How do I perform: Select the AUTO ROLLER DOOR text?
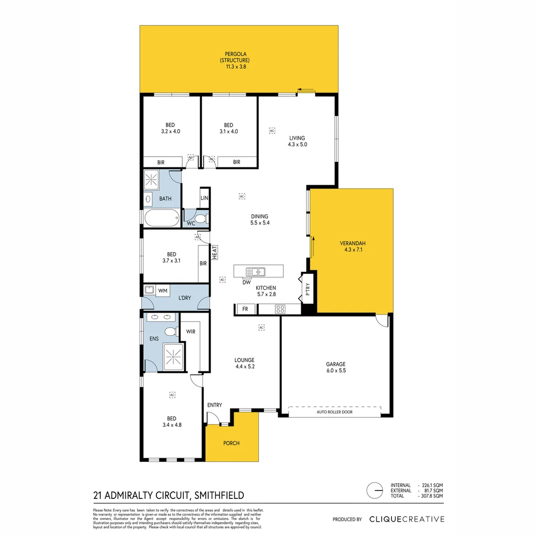[334, 412]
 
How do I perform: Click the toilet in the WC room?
[201, 219]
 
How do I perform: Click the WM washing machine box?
[163, 290]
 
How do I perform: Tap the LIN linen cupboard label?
[205, 198]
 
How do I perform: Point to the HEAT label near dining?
[215, 253]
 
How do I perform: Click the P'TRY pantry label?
[308, 289]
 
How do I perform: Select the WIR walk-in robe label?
[190, 331]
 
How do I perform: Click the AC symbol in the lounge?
[261, 327]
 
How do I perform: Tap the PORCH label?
[231, 443]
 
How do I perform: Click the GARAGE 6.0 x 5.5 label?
[335, 367]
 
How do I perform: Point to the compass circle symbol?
[375, 490]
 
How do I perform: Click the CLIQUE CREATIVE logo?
[407, 519]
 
